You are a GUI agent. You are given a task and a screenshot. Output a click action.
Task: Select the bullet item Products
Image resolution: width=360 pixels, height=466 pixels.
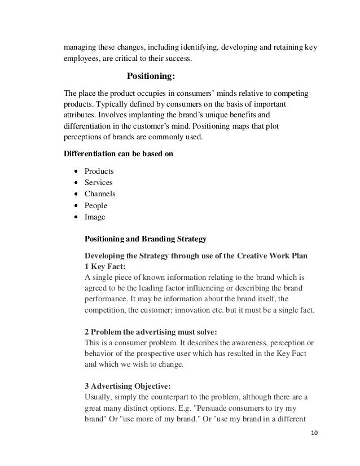tap(99, 171)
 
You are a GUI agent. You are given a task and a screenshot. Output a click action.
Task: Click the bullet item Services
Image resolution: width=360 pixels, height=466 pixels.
tap(98, 182)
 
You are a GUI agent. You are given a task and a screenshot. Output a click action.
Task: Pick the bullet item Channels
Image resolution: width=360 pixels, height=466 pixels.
tap(100, 194)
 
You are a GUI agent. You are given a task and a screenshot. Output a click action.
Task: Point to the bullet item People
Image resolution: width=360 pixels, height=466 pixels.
tap(95, 205)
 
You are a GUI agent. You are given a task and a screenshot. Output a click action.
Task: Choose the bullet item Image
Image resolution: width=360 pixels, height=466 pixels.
tap(94, 217)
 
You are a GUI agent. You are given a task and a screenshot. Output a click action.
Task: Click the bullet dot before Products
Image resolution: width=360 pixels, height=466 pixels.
tap(75, 171)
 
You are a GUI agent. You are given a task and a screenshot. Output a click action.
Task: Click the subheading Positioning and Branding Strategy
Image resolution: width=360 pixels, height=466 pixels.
tap(145, 239)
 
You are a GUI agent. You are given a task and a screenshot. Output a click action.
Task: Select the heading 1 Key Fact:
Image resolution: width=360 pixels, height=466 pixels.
tap(104, 267)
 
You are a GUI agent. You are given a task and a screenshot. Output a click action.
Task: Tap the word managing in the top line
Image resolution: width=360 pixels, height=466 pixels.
tap(78, 47)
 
